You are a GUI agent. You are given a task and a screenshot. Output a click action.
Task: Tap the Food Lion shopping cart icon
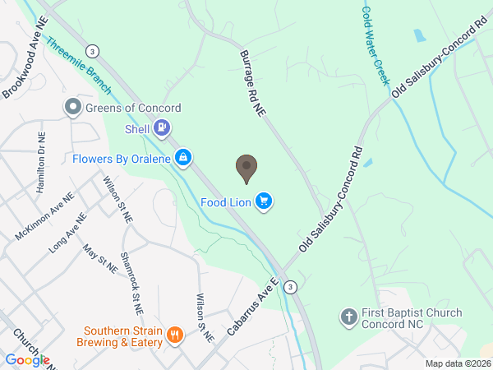pos(264,201)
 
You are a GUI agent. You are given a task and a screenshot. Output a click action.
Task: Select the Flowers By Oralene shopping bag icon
pos(184,156)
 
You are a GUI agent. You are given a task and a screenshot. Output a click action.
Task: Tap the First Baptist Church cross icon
pos(348,317)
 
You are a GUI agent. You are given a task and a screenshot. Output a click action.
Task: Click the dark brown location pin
pos(246,168)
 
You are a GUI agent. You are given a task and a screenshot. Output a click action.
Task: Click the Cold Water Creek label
pos(375,44)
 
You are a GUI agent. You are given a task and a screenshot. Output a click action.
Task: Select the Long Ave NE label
pos(67,233)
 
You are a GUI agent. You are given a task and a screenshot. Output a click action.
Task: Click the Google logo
pos(27,359)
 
